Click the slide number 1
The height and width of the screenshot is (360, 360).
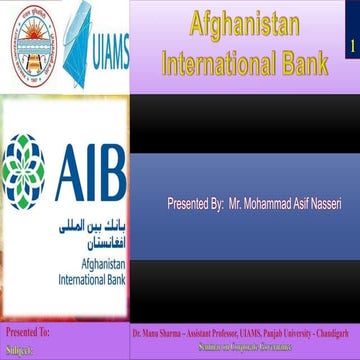353,47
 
